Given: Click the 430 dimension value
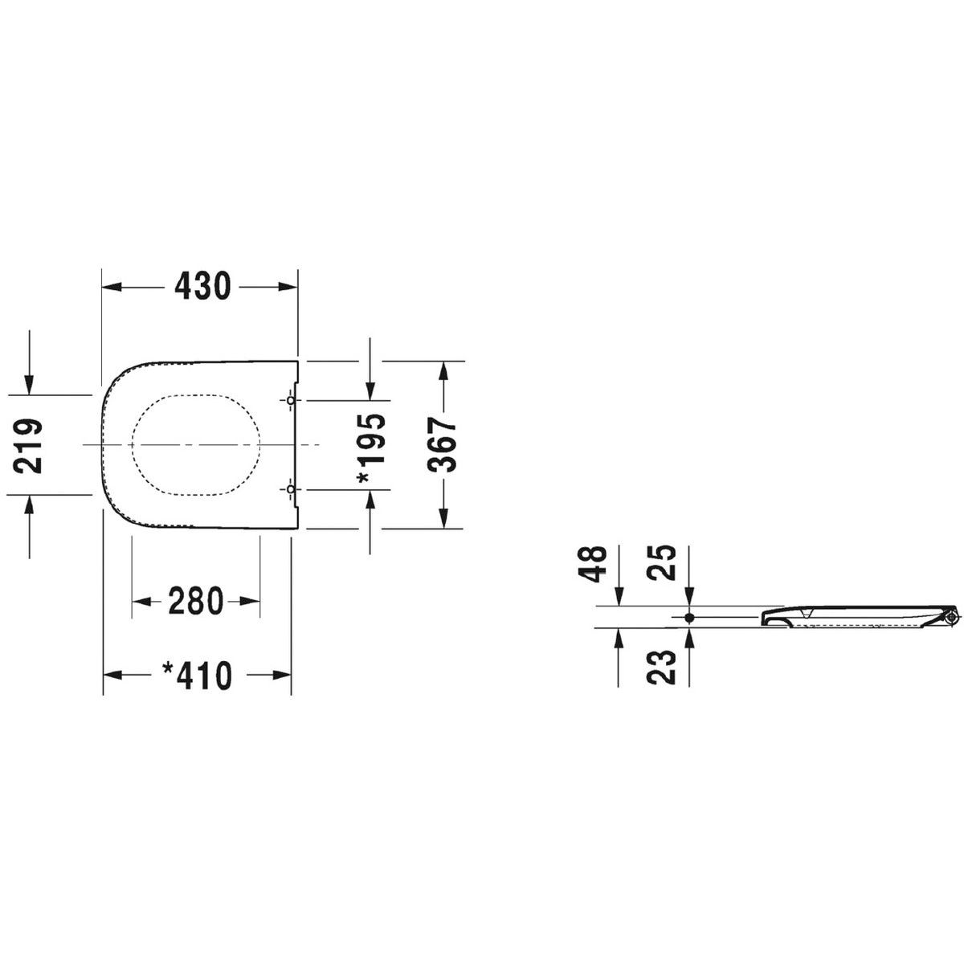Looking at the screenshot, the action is (x=202, y=286).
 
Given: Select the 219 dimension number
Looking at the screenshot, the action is (x=27, y=445).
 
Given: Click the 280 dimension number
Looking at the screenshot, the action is (x=195, y=601).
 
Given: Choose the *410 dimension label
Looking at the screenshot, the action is (x=198, y=676).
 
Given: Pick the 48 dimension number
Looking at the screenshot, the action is (x=592, y=564).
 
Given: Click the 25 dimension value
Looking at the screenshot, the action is (x=661, y=563).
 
